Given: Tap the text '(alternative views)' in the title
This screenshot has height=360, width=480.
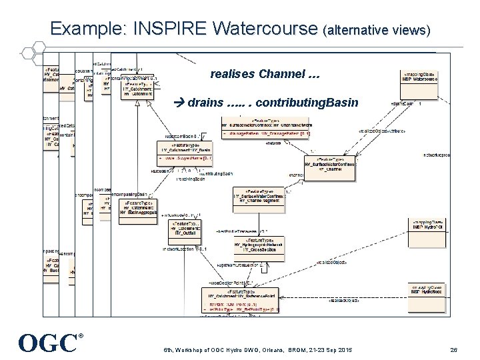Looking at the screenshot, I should point(377,31).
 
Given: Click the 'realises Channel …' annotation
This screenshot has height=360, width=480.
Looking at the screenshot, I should point(265,74).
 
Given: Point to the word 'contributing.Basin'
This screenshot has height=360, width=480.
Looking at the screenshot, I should point(307,103).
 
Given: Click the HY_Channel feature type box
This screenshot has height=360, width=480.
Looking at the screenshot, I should point(329,165).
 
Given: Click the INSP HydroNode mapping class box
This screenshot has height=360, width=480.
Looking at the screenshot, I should point(429,289).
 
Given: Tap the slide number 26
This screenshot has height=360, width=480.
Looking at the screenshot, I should point(453,350).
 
